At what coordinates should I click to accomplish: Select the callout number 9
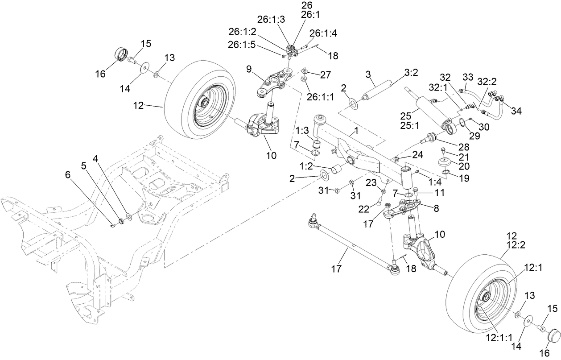[249, 69]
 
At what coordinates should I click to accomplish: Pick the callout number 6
[67, 175]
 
